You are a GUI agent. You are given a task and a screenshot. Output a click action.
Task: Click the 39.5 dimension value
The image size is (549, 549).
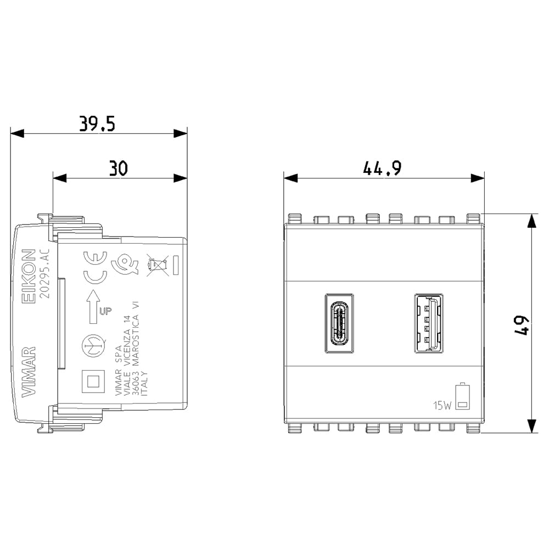97,124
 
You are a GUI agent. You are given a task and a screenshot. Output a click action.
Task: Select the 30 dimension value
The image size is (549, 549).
119,169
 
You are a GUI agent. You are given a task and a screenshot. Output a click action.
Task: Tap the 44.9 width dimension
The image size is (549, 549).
382,169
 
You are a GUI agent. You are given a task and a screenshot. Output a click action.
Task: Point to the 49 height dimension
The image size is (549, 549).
522,326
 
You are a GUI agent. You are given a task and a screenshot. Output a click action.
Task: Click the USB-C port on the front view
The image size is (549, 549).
339,323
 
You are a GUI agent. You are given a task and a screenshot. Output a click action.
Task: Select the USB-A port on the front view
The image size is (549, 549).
429,323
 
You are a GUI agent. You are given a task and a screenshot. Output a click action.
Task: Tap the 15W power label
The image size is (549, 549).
442,406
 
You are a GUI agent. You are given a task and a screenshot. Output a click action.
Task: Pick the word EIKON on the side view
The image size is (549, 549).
29,276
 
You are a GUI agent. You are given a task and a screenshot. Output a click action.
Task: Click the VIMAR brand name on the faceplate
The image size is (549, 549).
29,372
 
